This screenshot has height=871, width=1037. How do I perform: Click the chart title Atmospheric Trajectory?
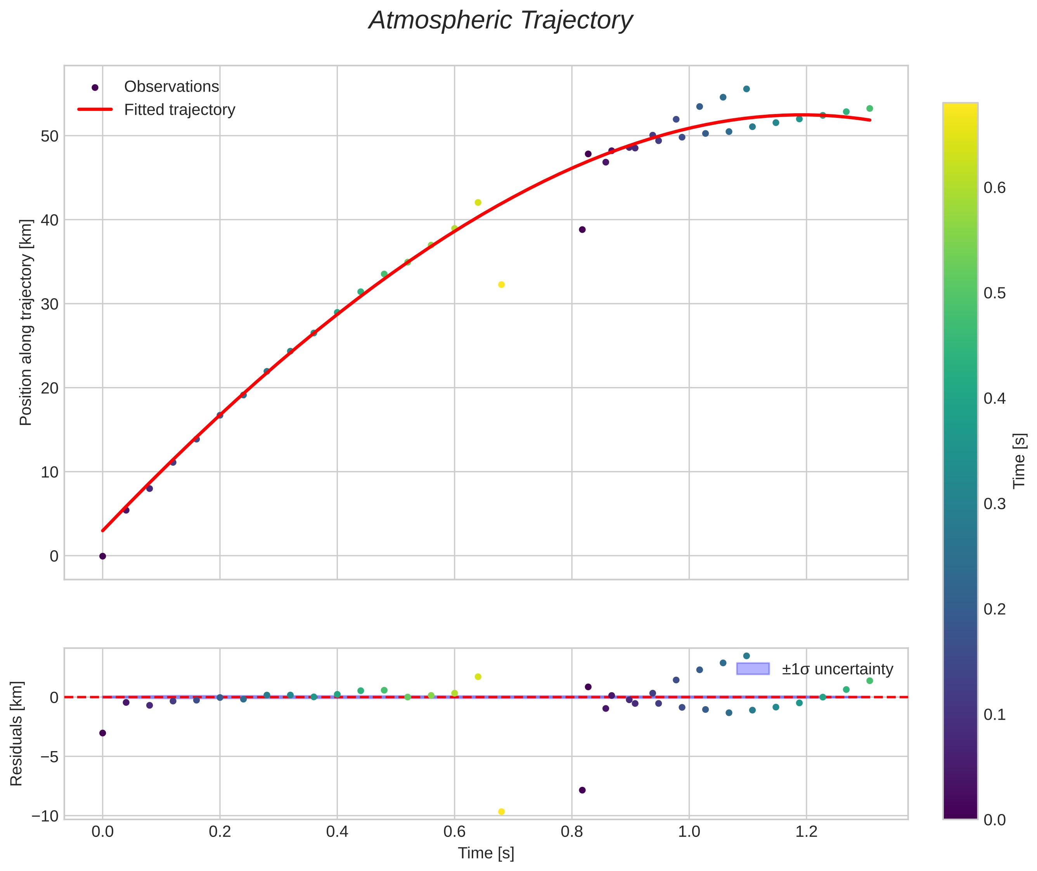tap(500, 21)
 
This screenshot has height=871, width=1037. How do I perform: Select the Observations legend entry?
tap(171, 87)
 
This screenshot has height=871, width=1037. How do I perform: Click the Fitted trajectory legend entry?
tap(179, 110)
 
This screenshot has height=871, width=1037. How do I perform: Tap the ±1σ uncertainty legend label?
tap(838, 669)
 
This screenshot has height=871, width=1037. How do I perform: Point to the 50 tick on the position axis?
tap(49, 136)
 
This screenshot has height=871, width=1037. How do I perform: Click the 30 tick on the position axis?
tap(49, 304)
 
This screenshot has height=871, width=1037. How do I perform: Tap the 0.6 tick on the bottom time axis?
tap(454, 831)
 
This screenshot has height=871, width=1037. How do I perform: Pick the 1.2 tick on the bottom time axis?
tap(806, 831)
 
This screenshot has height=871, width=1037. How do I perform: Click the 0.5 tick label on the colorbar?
tap(994, 293)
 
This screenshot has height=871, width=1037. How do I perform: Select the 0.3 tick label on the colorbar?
tap(994, 504)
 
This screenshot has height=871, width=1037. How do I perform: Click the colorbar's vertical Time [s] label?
tap(1019, 461)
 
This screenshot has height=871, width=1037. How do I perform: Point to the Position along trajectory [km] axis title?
tap(26, 322)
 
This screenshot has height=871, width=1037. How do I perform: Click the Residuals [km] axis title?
tap(16, 733)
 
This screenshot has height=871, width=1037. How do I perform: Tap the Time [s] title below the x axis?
tap(486, 853)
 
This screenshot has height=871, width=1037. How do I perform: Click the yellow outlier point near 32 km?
tap(501, 284)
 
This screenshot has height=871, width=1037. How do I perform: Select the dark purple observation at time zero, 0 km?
tap(102, 556)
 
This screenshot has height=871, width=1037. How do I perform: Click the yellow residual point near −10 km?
tap(501, 812)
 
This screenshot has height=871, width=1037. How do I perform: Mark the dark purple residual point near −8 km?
tap(582, 790)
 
